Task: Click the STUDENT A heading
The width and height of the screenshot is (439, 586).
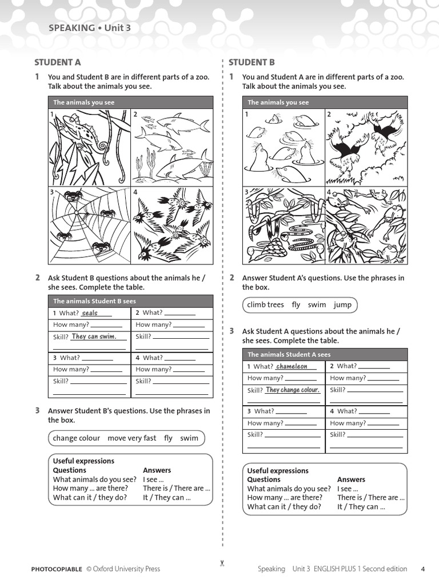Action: pos(58,62)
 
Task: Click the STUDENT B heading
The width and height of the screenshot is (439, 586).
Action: pos(252,62)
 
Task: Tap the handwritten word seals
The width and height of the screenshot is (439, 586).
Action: pos(90,313)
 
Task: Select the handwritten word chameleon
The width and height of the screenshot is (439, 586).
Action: pos(292,366)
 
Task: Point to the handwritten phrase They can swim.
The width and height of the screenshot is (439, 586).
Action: pos(94,336)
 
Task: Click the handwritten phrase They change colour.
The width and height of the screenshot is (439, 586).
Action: pos(292,390)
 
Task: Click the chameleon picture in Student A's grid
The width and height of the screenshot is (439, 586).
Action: pos(90,148)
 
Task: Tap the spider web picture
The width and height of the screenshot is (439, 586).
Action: pos(90,225)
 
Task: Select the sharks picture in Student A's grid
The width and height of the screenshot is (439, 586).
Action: pos(172,148)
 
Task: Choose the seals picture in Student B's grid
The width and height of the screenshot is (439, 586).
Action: pos(284,148)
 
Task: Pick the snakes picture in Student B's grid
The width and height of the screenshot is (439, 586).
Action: pos(284,225)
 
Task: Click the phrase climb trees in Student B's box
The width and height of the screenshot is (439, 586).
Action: pos(265,305)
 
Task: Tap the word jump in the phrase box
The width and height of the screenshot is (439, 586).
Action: pos(342,305)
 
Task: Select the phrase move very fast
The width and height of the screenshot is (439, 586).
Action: pos(131,438)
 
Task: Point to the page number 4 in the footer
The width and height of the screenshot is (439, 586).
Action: pos(422,569)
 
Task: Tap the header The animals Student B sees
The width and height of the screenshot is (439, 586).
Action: pos(94,301)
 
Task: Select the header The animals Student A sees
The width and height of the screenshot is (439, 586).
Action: pos(289,354)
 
